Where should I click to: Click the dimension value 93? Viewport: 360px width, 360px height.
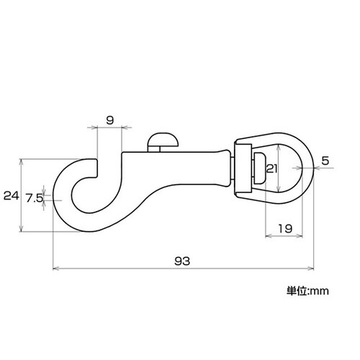pos(181,262)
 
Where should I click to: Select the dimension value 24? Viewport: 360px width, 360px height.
pos(10,194)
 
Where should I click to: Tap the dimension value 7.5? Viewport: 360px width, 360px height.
pos(32,197)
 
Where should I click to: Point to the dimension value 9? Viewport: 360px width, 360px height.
pos(109,120)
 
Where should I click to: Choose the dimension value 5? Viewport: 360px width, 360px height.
pos(325,161)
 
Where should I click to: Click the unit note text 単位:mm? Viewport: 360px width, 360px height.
pos(307,291)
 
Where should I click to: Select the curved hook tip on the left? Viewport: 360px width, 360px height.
pos(92,164)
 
